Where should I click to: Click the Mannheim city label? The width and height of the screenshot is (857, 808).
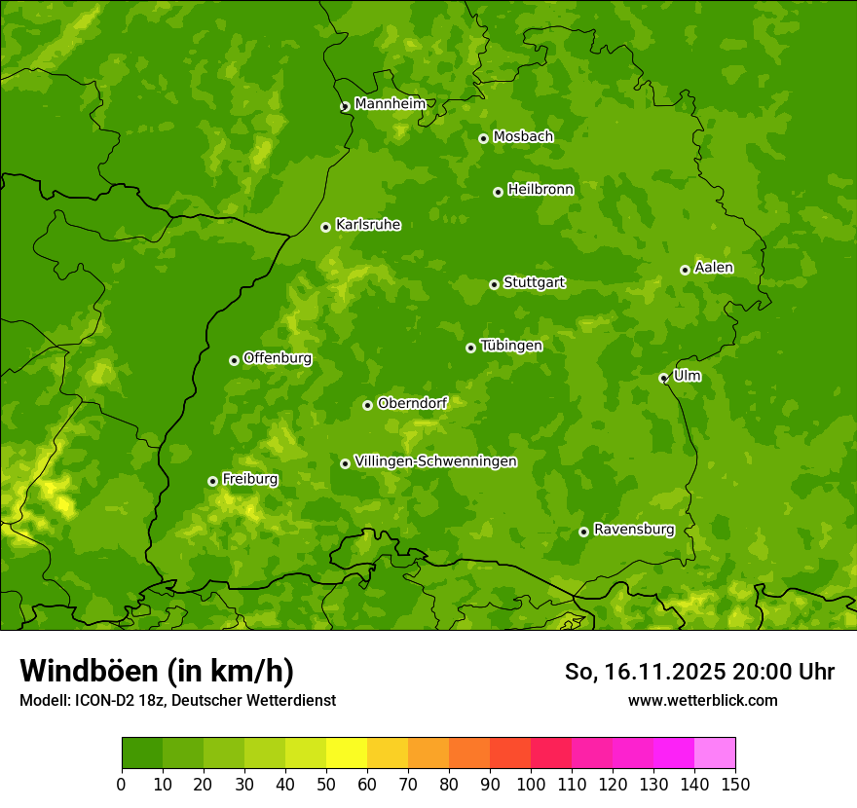(390, 104)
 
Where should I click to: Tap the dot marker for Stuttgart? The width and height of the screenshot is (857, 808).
(495, 284)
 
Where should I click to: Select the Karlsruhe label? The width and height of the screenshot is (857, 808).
(367, 225)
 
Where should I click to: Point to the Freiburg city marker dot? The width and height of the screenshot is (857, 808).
(212, 481)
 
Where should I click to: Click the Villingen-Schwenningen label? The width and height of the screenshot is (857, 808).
(435, 461)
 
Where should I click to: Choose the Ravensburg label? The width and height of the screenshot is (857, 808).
(633, 530)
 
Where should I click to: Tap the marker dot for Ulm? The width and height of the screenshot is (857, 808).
(664, 378)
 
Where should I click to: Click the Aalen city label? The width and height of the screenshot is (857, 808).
(714, 268)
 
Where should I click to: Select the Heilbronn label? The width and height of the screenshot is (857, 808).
(540, 190)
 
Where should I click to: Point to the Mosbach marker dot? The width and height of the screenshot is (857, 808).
(483, 138)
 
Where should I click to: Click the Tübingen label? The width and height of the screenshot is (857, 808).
(510, 346)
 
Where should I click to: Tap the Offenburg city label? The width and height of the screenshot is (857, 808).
(278, 358)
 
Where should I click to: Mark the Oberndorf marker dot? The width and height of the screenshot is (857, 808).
(367, 405)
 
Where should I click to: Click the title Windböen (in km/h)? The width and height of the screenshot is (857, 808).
(156, 671)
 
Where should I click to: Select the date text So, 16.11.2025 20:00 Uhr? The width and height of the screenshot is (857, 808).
(699, 672)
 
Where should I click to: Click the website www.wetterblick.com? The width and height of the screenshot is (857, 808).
(702, 700)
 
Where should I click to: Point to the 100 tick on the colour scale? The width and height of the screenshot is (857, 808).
(531, 784)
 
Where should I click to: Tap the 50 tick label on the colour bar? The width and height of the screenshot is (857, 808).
(326, 784)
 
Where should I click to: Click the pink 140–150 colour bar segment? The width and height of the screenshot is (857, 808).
(715, 753)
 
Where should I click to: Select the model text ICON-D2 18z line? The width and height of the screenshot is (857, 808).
(177, 700)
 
